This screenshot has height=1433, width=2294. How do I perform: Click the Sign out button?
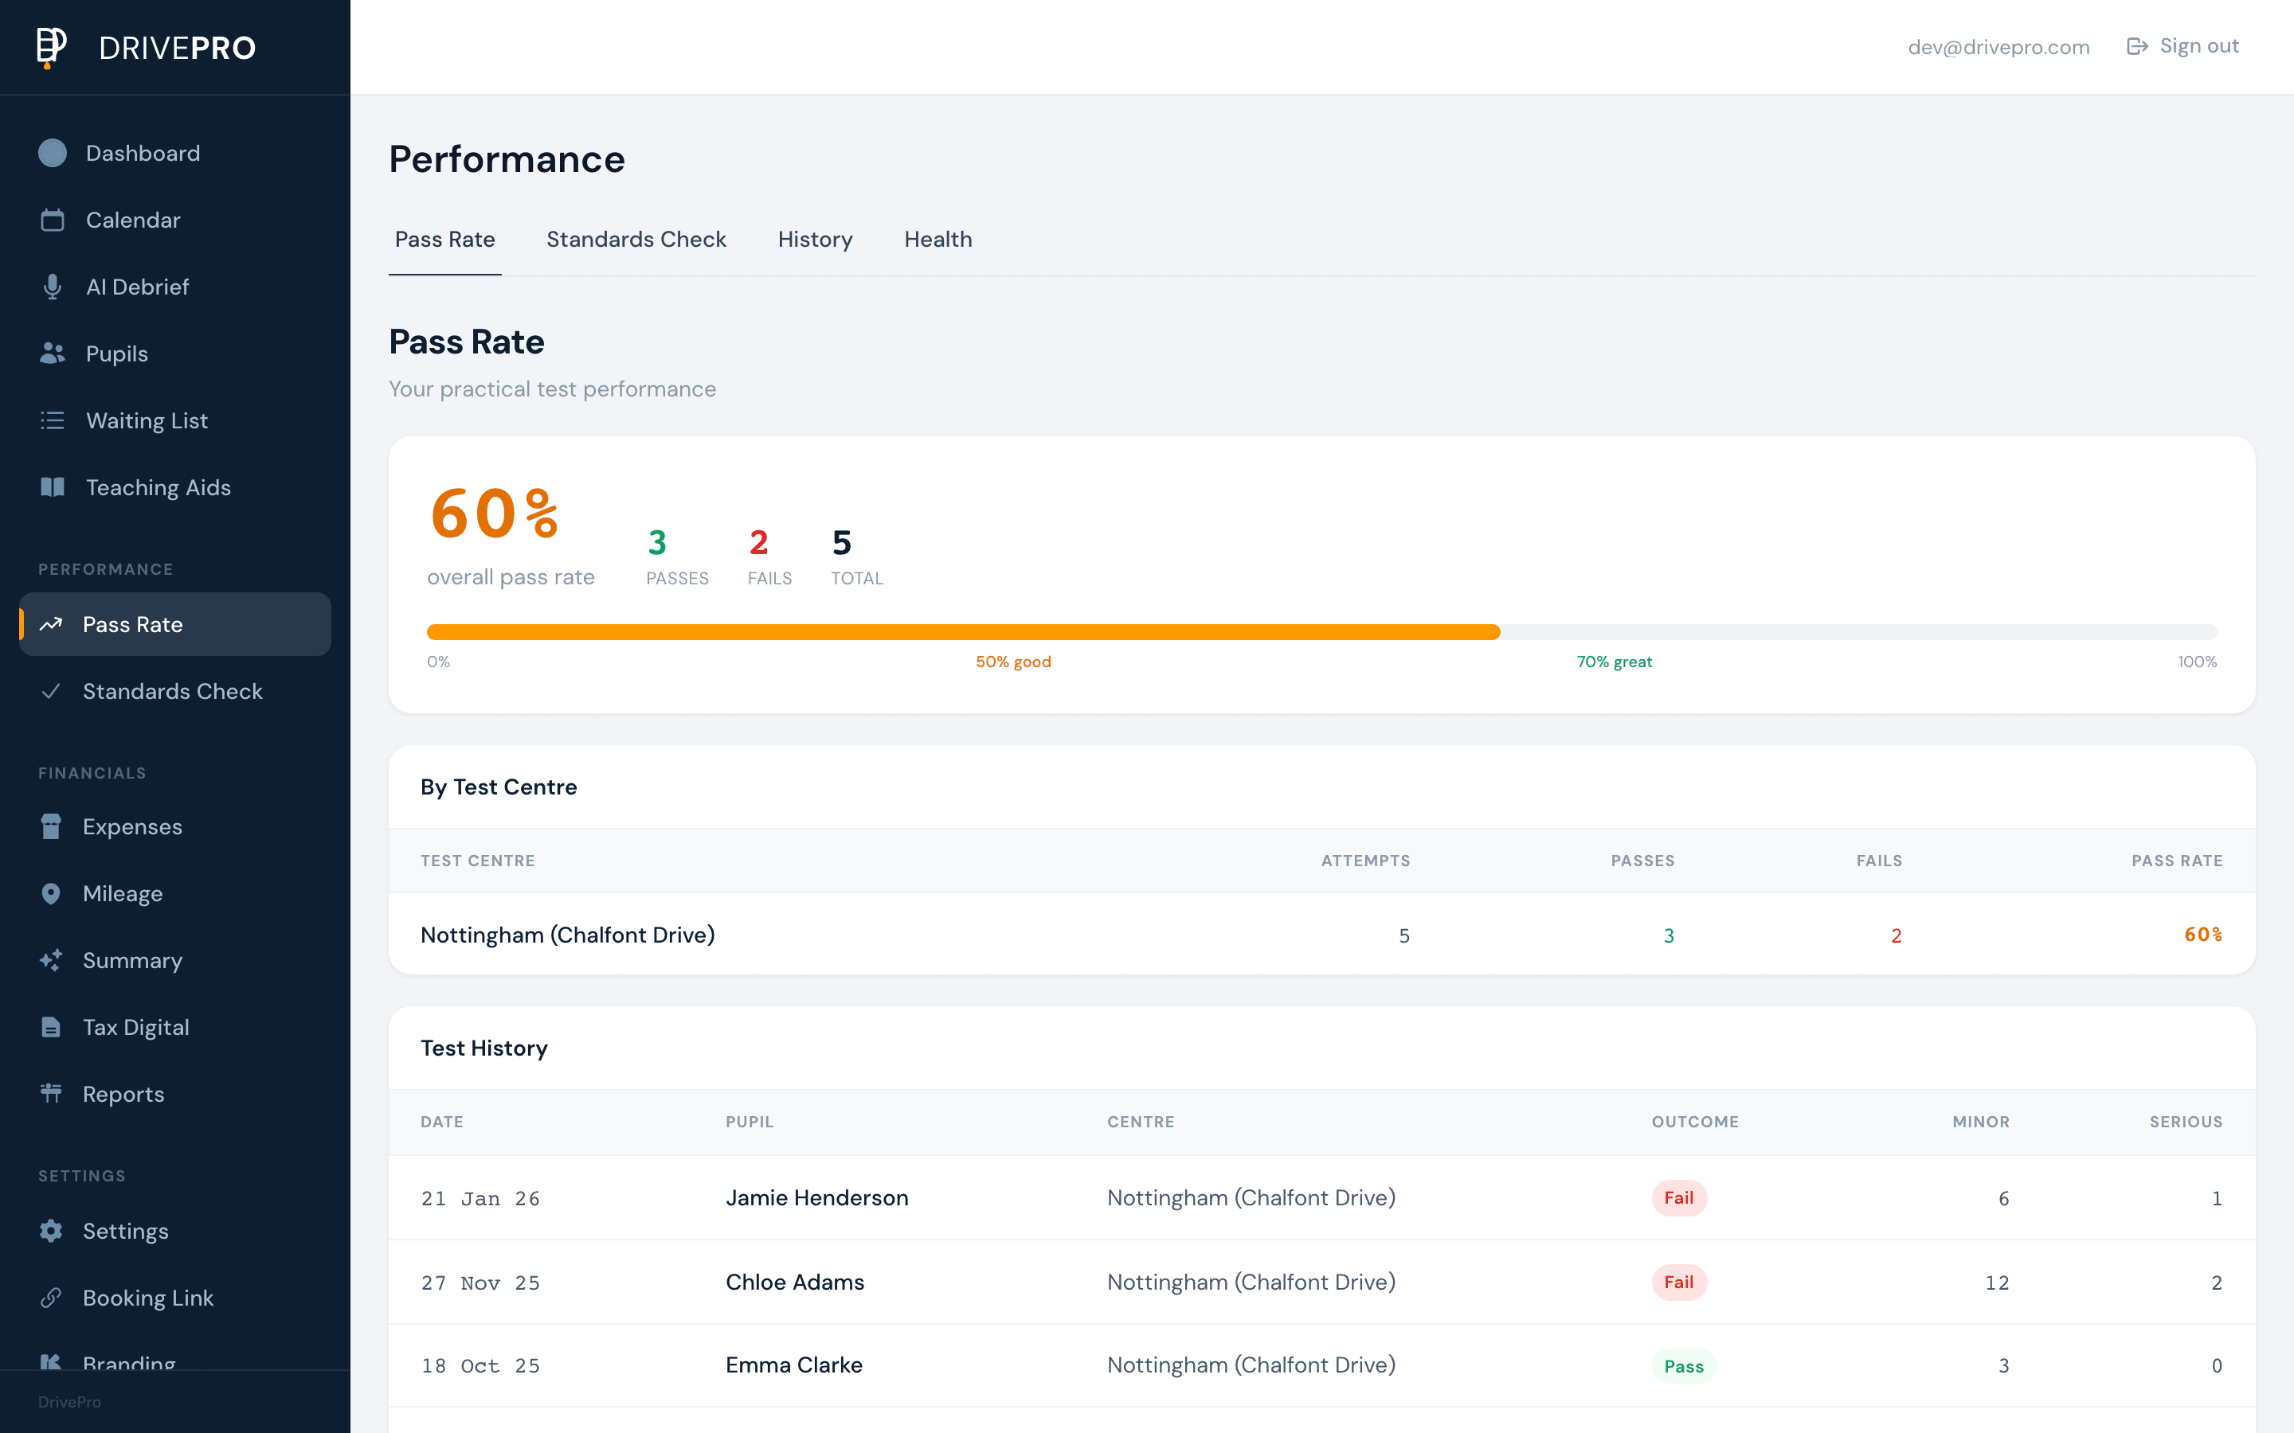(2182, 46)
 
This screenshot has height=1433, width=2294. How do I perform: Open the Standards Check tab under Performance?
(636, 240)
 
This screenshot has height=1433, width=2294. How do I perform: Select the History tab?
(814, 240)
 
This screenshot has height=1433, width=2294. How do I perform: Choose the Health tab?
(938, 240)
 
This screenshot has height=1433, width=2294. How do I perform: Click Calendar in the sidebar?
(133, 220)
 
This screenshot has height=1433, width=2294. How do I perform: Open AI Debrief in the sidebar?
(138, 287)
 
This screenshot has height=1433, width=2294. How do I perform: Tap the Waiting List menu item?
(147, 421)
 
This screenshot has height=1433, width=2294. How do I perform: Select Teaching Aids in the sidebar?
(159, 487)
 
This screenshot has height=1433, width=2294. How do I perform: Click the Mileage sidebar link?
(123, 894)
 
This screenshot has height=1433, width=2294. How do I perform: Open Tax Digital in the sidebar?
(135, 1027)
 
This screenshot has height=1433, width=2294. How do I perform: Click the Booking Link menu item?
(148, 1298)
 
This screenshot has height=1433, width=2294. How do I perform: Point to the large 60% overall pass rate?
(494, 514)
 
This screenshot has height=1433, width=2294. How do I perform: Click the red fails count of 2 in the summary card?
(758, 543)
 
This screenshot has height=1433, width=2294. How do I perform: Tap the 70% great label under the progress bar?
(1614, 662)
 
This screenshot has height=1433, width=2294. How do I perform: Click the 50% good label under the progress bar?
(1012, 662)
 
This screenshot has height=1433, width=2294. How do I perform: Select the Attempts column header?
(1365, 861)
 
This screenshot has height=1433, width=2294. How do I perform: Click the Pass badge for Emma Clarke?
(1684, 1365)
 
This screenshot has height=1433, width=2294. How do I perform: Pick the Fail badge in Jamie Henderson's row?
(1677, 1198)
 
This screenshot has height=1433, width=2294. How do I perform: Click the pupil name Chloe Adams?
(794, 1283)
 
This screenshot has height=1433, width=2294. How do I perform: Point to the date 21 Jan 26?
(480, 1199)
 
